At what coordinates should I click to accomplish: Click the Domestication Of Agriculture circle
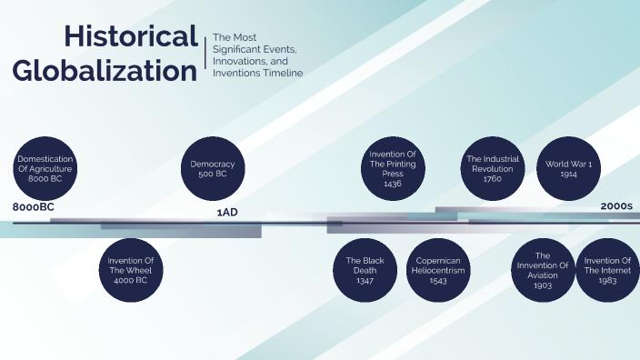(45, 169)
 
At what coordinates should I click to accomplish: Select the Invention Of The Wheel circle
(130, 270)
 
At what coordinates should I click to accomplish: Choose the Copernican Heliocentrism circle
(436, 270)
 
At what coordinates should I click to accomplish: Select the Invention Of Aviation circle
(543, 270)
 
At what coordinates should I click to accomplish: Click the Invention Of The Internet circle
(607, 270)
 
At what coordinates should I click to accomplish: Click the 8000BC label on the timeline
(34, 208)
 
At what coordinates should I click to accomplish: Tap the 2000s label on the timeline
(615, 206)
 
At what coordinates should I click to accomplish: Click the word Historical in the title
(131, 37)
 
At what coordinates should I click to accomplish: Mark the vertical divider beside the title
(205, 54)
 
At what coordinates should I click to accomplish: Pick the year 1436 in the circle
(393, 184)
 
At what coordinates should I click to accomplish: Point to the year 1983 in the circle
(607, 282)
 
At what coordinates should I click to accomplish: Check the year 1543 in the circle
(436, 282)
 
